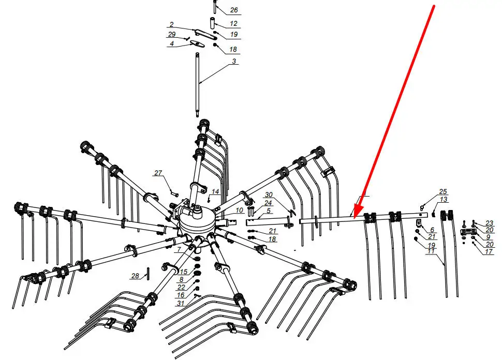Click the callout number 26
click(234, 10)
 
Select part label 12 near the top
click(233, 24)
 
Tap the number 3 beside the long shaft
click(234, 61)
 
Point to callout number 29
click(172, 35)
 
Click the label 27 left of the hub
click(158, 173)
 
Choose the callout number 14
click(215, 192)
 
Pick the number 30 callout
click(269, 195)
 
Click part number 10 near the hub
click(239, 211)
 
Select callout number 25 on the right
click(443, 192)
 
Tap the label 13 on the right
click(444, 200)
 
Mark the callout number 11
click(431, 251)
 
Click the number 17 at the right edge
click(489, 252)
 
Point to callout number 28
click(135, 276)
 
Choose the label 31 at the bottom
click(181, 303)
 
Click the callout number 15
click(183, 272)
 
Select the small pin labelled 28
click(148, 274)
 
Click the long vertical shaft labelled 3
click(198, 85)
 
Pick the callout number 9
click(488, 237)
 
